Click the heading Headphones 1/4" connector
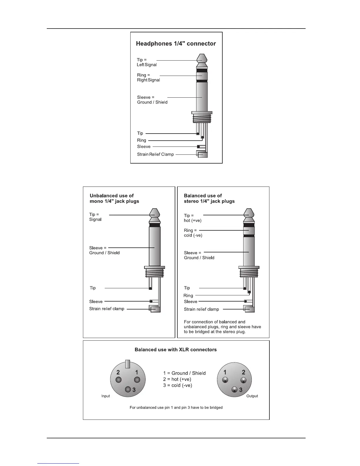tap(176, 44)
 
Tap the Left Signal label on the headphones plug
tap(147, 65)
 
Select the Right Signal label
tap(149, 80)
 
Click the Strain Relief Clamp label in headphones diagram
tap(155, 154)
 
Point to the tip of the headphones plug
tap(202, 58)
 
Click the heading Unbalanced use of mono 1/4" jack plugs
tap(114, 199)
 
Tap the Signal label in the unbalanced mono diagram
tap(95, 219)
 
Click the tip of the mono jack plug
tap(154, 213)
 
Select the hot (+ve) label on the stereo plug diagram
tap(193, 220)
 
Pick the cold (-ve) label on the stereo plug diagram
tap(193, 235)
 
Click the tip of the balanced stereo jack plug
tap(249, 213)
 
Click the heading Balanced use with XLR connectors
tap(176, 350)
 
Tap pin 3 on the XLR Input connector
tap(128, 389)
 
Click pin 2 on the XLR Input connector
tap(119, 380)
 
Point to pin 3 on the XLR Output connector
tap(234, 390)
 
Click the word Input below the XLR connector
tap(106, 396)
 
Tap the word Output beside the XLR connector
tap(252, 396)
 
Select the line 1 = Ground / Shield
tap(184, 373)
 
